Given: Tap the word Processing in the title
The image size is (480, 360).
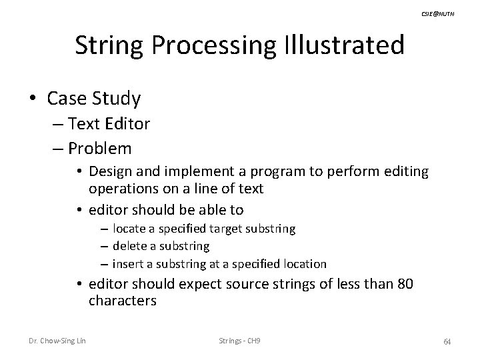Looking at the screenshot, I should [x=209, y=45].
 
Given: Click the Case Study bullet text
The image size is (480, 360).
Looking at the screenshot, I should [x=94, y=99].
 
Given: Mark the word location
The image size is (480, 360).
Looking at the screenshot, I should [x=304, y=263].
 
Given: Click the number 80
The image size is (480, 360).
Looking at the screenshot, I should [x=405, y=285].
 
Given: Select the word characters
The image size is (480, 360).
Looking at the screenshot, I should [x=123, y=301].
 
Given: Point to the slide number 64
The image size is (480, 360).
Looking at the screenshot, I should [x=447, y=342].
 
